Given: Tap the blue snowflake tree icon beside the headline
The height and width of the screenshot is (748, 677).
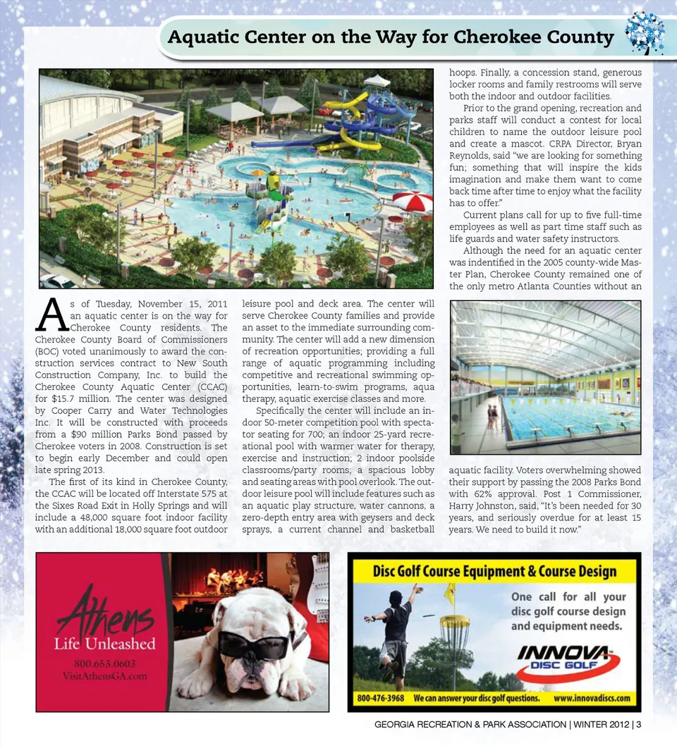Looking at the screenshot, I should (644, 33).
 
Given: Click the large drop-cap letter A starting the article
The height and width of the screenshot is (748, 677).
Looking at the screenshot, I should (51, 314).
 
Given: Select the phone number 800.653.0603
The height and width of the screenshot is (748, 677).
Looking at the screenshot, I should (104, 664).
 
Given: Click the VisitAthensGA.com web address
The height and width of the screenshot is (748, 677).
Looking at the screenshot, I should (104, 677).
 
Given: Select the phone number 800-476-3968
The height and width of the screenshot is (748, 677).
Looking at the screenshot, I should (381, 698).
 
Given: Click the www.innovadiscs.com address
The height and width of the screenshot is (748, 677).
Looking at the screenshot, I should (591, 698).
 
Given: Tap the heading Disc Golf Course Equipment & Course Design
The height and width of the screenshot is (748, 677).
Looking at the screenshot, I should (494, 571).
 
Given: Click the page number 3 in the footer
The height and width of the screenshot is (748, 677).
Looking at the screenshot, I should (638, 724).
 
